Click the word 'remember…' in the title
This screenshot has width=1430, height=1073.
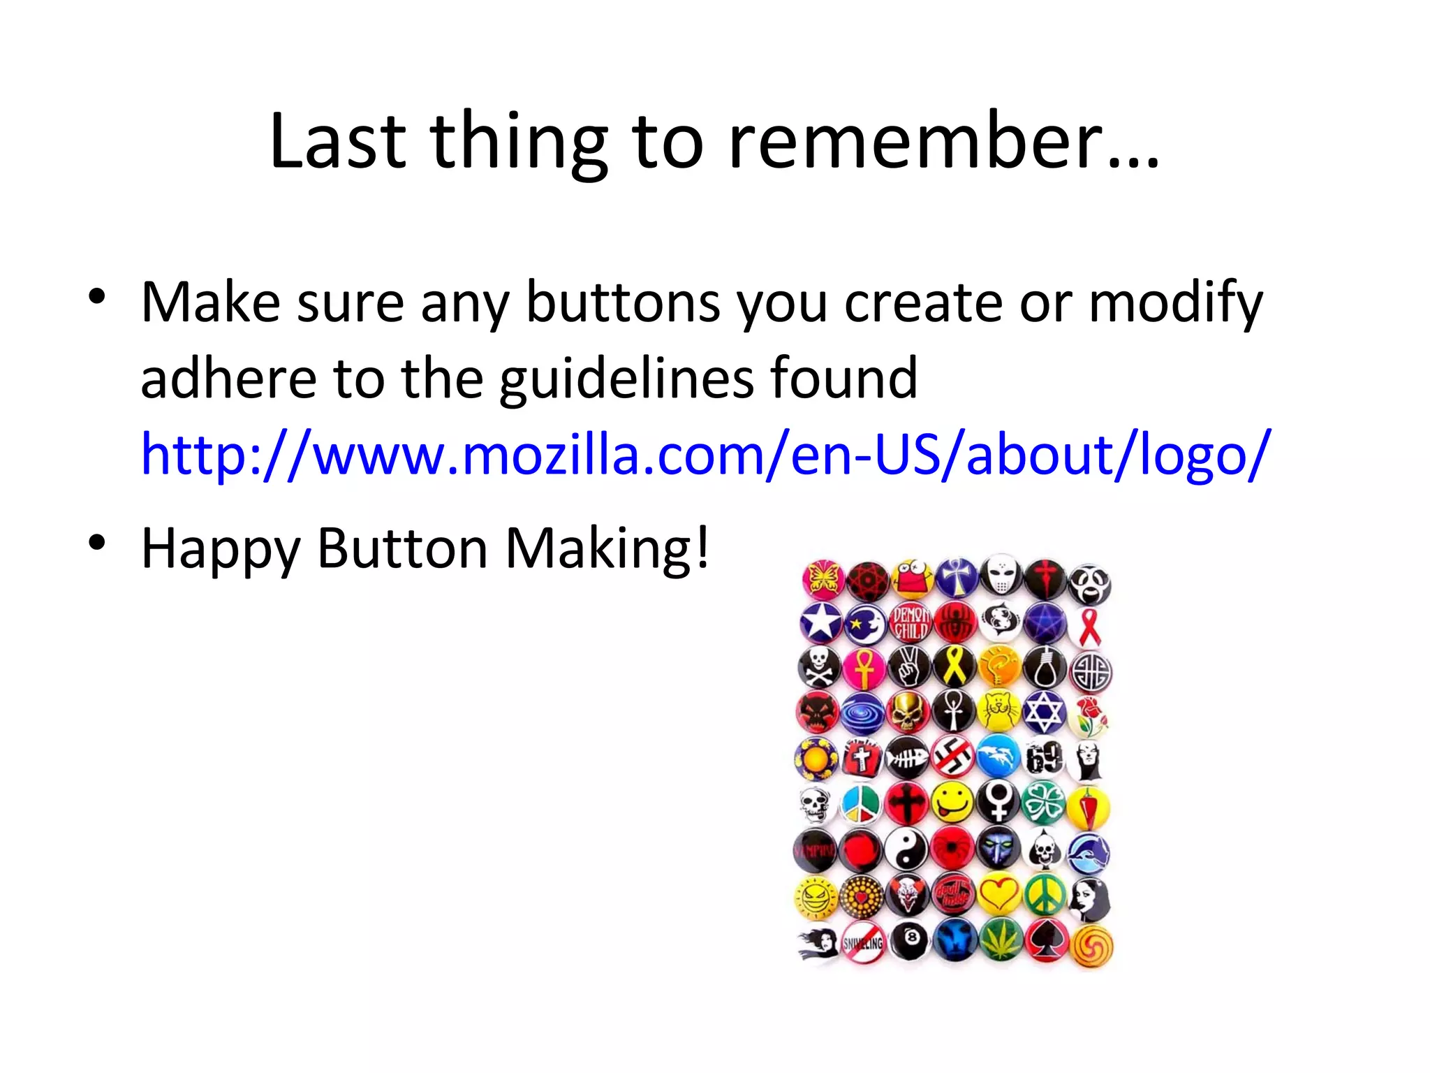coord(943,142)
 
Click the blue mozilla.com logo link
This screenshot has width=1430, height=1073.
coord(705,455)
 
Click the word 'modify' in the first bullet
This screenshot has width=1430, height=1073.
coord(1176,303)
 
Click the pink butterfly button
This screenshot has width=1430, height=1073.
coord(823,579)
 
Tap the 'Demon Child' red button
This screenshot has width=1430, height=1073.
coord(911,622)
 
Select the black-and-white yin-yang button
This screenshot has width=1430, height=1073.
coord(906,850)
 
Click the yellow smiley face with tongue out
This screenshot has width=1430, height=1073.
coord(952,801)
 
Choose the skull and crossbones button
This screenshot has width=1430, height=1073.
coord(818,666)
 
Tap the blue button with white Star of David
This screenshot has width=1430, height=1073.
coord(1044,713)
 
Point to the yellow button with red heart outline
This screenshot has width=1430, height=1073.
coord(998,893)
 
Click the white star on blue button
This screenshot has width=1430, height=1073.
coord(821,622)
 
